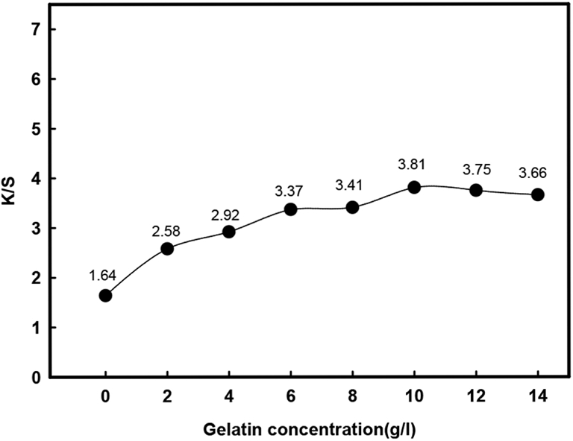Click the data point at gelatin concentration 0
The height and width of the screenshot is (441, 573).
pos(105,296)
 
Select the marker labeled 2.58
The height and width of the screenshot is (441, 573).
pos(167,248)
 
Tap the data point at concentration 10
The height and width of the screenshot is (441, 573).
pos(414,187)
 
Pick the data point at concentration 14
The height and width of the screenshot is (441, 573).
pos(537,194)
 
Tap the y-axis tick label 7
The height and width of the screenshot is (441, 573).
pos(35,29)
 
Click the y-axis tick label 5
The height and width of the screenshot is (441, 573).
pos(35,129)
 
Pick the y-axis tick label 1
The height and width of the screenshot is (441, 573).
pos(35,328)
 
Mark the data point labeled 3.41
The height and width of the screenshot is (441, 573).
pos(352,207)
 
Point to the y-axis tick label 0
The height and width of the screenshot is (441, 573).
pos(35,378)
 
